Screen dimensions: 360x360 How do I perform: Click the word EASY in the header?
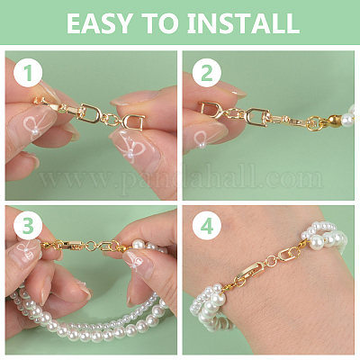coord(99,23)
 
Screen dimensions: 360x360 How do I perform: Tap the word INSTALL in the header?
coord(243,23)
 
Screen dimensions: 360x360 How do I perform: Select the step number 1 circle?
coord(28,73)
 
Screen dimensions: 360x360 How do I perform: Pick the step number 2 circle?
coord(207,73)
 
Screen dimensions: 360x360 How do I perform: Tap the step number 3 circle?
coord(28,227)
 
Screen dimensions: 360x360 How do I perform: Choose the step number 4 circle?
coord(207,227)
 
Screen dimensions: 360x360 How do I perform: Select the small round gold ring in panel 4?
coord(272,261)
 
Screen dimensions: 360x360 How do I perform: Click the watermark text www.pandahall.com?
coord(181,179)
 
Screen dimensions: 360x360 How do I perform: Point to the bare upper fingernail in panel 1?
coord(135,98)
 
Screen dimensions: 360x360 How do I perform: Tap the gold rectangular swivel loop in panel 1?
coord(90,113)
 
